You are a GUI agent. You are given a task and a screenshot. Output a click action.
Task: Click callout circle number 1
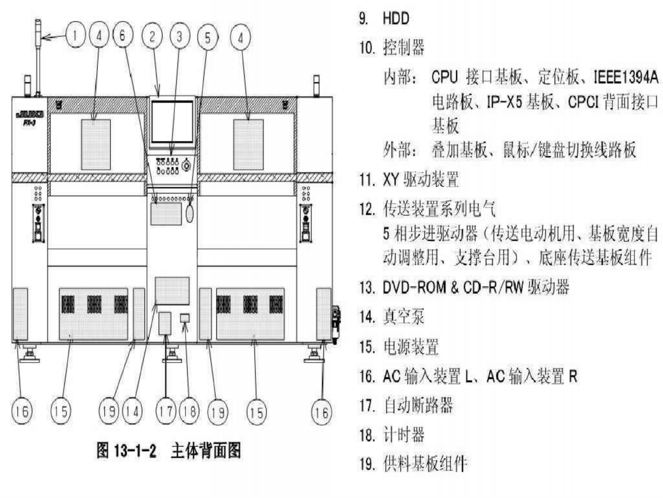coord(75,35)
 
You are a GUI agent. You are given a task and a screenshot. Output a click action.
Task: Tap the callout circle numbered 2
coord(152,35)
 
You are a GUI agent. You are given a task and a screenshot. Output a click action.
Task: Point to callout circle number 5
coord(208,37)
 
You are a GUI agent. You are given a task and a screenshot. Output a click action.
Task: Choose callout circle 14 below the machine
coord(132,411)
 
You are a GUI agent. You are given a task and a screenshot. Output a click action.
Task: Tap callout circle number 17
coord(165,411)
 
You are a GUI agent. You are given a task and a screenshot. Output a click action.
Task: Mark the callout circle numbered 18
coord(189,411)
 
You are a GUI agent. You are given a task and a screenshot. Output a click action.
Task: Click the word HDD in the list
coord(396,18)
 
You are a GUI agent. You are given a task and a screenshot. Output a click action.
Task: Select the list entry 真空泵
coord(404,316)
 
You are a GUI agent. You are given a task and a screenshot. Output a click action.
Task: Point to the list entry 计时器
coord(404,434)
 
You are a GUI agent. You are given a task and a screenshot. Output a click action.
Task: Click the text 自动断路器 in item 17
coord(418,405)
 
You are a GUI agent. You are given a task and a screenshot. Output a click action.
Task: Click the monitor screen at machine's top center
coord(173,122)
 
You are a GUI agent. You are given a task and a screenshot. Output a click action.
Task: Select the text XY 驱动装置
coord(421,179)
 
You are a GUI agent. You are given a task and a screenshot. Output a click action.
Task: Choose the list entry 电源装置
coord(411,346)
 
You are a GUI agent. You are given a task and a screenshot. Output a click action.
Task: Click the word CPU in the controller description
coord(444,76)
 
